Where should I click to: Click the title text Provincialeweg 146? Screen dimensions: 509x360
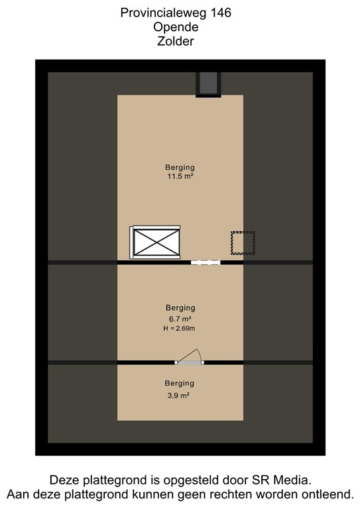(176, 13)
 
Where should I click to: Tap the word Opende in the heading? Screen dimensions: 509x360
(176, 27)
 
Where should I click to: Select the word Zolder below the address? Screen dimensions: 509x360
(176, 42)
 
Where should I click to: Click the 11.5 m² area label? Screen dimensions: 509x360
(180, 177)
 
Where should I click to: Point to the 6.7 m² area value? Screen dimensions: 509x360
(180, 319)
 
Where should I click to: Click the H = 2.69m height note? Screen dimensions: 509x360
(180, 329)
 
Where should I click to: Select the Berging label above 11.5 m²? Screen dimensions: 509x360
(180, 167)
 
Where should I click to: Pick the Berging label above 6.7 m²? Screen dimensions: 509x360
(180, 308)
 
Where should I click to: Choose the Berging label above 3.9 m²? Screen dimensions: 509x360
(180, 384)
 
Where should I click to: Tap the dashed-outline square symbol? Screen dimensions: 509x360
(243, 243)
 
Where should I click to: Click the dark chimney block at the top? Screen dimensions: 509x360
(208, 84)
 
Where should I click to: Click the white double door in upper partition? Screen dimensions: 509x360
(205, 262)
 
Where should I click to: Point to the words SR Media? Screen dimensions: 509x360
(286, 479)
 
